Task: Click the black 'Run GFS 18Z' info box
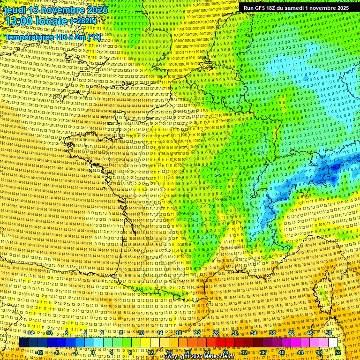[x=296, y=8]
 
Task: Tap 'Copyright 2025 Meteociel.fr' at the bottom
[x=199, y=356]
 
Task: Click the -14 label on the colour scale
[x=30, y=332]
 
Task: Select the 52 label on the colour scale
[x=338, y=352]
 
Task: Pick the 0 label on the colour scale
[x=93, y=352]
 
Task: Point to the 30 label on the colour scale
[x=234, y=332]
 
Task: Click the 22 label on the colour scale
[x=197, y=332]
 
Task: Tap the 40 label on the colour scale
[x=281, y=352]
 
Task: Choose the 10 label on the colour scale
[x=141, y=332]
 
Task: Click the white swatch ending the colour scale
[x=333, y=343]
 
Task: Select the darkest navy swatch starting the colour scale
[x=23, y=343]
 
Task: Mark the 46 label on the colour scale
[x=309, y=332]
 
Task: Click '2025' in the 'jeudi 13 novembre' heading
[x=97, y=10]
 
